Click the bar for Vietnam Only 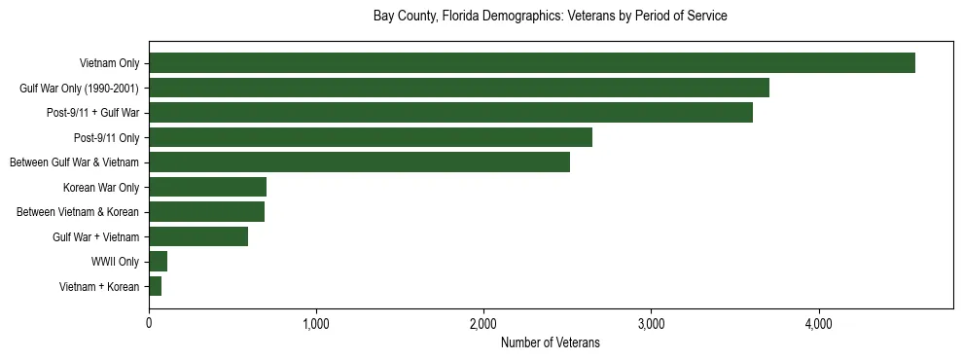(531, 63)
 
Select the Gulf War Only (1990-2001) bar (458, 88)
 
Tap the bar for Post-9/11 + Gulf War (450, 113)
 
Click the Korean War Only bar (207, 187)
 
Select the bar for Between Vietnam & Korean (206, 211)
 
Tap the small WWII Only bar (158, 261)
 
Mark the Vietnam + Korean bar (155, 286)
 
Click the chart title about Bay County (550, 17)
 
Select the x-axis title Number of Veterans (550, 343)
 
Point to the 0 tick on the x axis (149, 323)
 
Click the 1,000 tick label (316, 323)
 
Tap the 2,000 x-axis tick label (483, 323)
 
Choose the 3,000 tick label (651, 323)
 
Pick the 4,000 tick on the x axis (818, 323)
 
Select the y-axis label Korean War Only (100, 187)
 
